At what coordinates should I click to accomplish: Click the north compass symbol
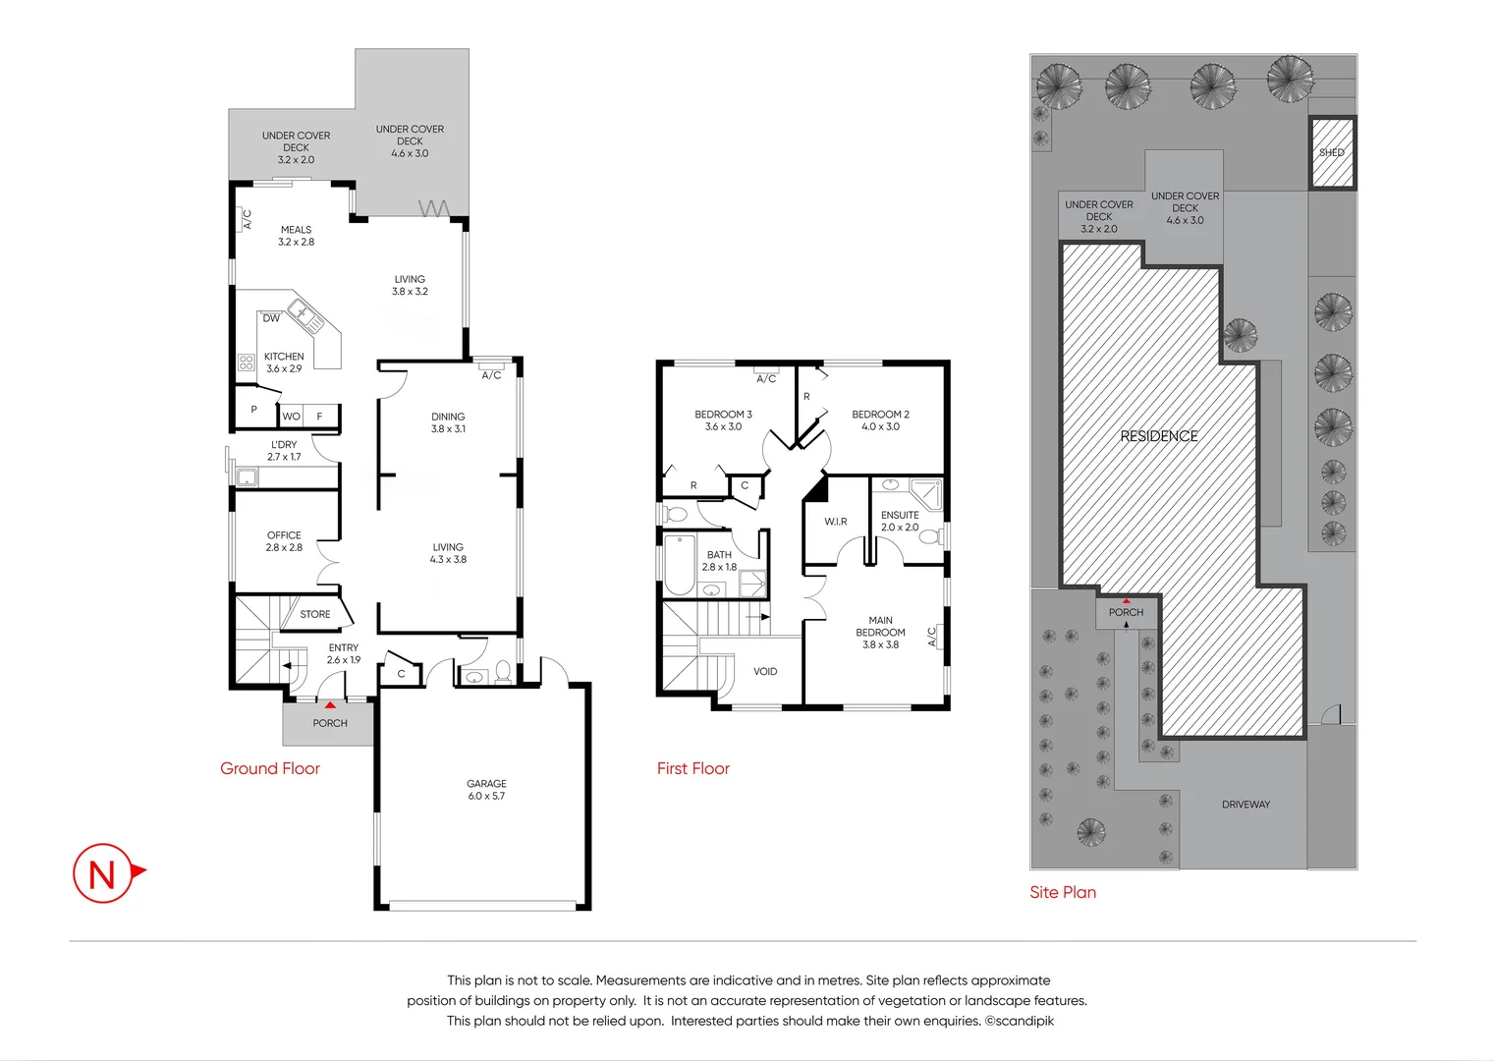tap(107, 873)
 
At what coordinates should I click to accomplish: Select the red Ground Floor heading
tap(270, 768)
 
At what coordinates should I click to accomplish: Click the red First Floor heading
tap(692, 768)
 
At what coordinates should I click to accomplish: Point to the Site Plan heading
tap(1063, 892)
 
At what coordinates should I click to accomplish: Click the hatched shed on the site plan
tap(1332, 152)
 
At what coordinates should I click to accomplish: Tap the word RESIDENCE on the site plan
tap(1158, 436)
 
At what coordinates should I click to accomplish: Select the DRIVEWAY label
tap(1245, 805)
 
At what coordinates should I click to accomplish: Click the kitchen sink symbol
tap(306, 317)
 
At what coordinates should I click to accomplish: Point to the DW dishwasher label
tap(271, 318)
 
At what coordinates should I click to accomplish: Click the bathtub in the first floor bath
tap(680, 564)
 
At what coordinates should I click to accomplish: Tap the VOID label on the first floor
tap(765, 672)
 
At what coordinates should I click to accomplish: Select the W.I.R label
tap(836, 522)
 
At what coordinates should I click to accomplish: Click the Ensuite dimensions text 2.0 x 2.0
tap(900, 527)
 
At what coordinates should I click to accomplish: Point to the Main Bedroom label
tap(880, 633)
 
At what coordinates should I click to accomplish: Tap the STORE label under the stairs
tap(314, 614)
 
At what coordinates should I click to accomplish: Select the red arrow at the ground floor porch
tap(330, 705)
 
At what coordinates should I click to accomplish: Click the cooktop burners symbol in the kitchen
tap(247, 363)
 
